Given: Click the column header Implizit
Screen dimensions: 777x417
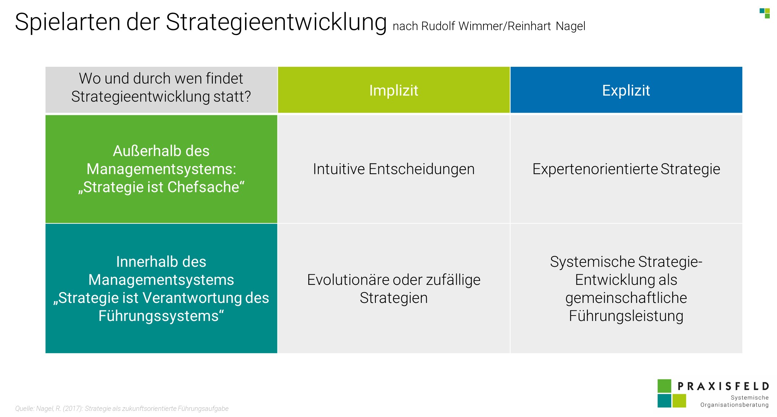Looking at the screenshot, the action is coord(394,90).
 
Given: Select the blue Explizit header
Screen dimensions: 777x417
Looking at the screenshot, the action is coord(626,90).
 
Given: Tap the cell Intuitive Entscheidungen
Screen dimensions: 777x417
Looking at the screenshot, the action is coord(394,169).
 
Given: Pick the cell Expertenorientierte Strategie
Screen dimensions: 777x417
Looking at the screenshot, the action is coord(626,169).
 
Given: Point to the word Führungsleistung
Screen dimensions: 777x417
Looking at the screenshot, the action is coord(626,316).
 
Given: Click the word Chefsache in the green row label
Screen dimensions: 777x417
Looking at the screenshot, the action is coord(206,187).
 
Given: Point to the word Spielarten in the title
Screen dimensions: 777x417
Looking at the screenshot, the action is coord(68,22).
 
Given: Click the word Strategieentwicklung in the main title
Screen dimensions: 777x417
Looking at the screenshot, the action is coord(276,22).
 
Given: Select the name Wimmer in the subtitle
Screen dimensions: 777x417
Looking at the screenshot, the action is coord(480,26).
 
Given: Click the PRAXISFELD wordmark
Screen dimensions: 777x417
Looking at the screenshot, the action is coord(723,386).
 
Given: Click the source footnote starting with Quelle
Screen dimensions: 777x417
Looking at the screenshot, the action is coord(122,408).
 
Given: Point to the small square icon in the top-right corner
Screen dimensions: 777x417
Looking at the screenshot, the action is coord(764,13).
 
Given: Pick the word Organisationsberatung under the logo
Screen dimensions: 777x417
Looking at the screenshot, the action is coord(734,405).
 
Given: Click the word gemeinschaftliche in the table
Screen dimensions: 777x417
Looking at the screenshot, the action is coord(626,298).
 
